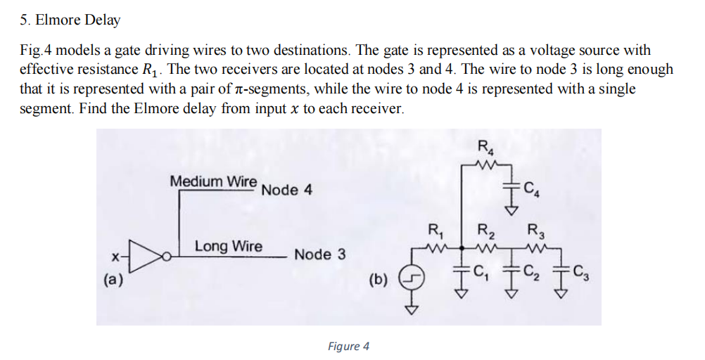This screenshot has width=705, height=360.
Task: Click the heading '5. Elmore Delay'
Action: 70,20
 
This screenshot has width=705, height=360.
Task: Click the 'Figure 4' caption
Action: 348,346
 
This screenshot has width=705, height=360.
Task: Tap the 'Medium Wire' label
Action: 213,181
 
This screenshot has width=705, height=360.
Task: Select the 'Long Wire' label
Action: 228,246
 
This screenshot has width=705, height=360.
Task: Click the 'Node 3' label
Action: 319,254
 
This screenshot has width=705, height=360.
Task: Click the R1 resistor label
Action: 436,229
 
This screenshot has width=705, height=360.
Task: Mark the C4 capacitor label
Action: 533,188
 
